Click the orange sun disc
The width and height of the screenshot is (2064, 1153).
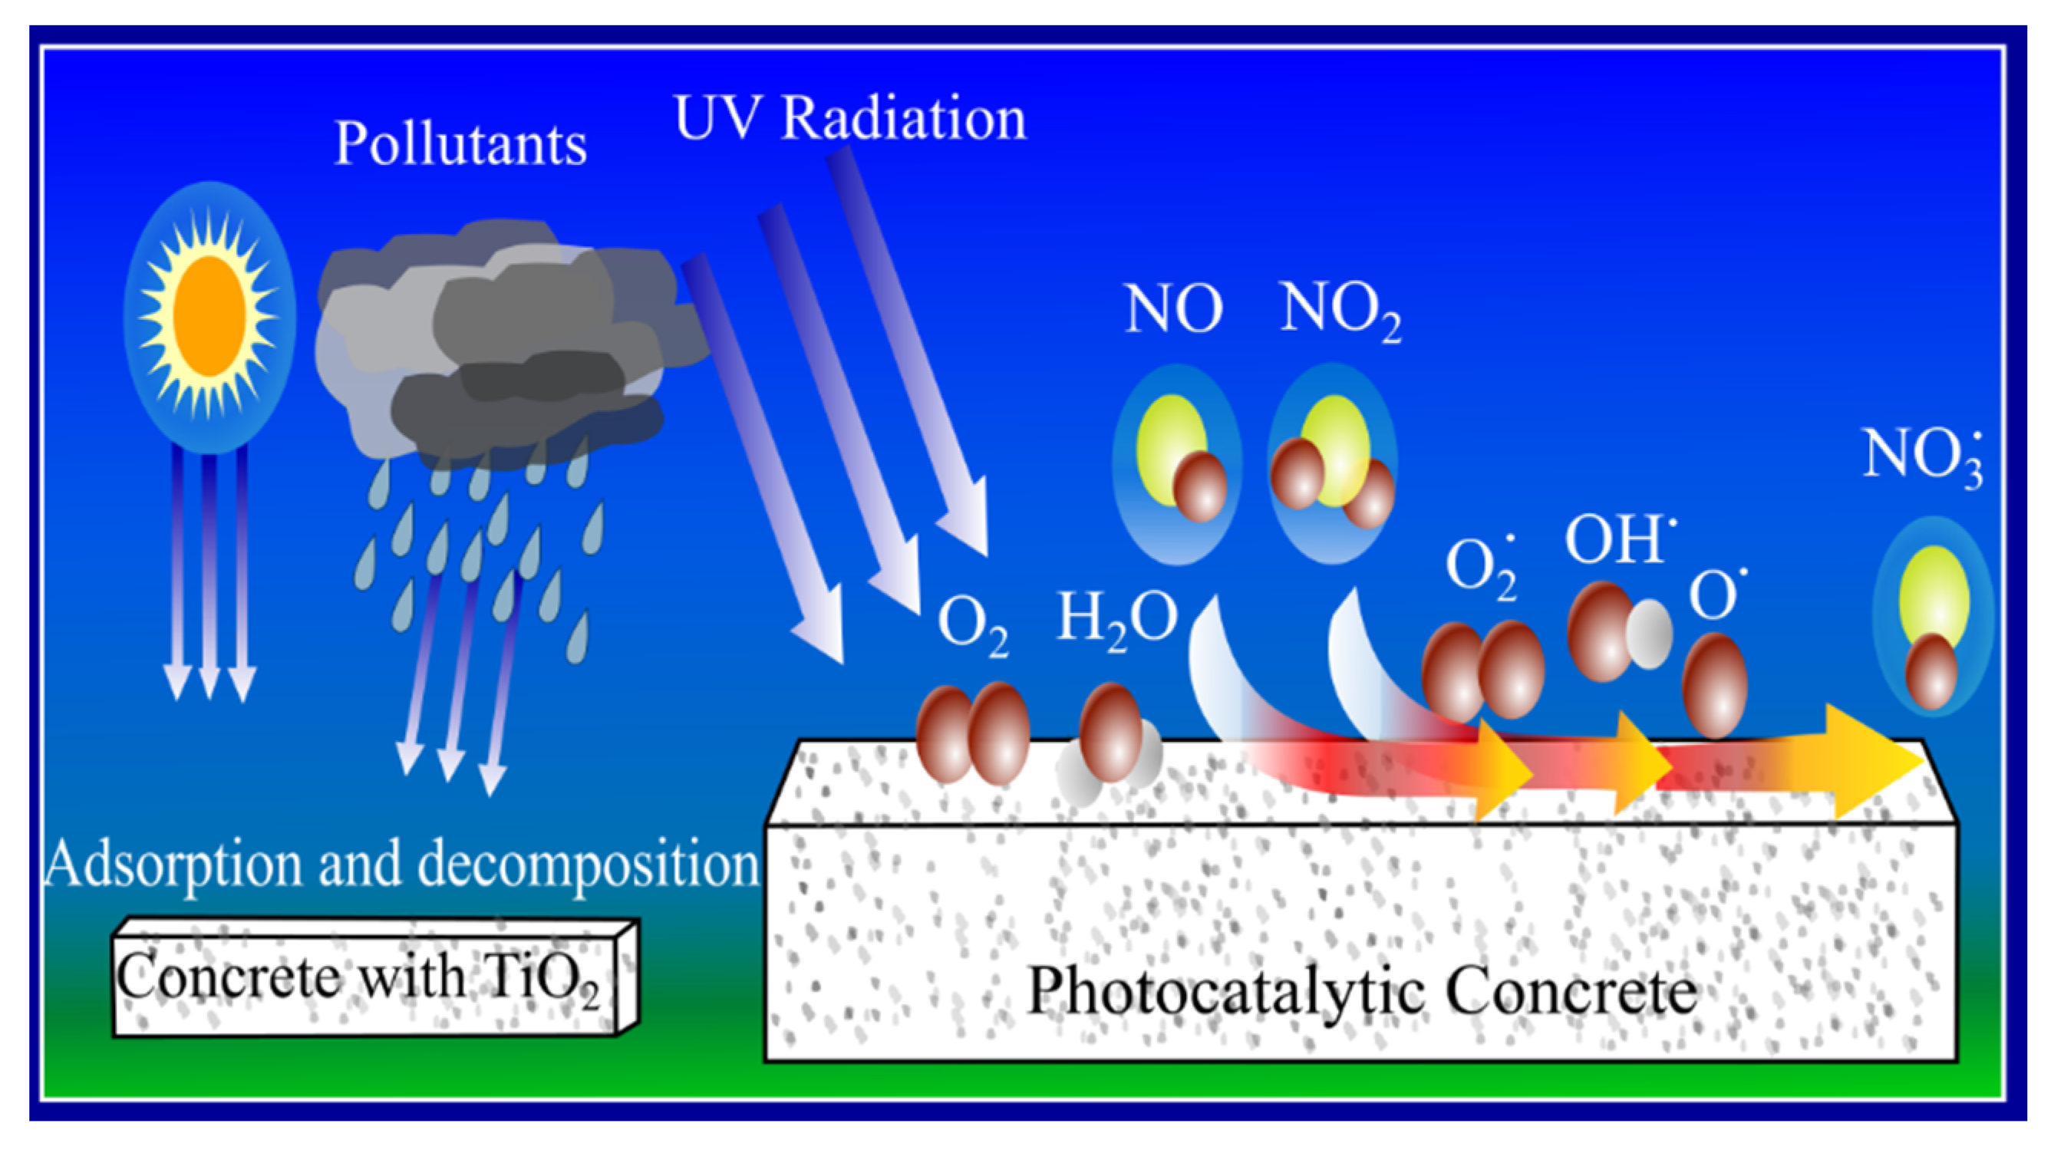pos(210,316)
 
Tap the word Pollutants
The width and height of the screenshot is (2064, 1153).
pos(460,144)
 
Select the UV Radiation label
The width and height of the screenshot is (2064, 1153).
pos(850,119)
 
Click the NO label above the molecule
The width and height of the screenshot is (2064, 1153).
pos(1174,309)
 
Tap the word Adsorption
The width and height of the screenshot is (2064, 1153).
pos(173,865)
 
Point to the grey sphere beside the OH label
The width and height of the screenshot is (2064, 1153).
pos(1649,634)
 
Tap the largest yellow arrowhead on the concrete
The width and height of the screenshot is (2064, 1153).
pos(1871,761)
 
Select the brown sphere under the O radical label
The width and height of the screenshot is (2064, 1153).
pos(1714,686)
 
